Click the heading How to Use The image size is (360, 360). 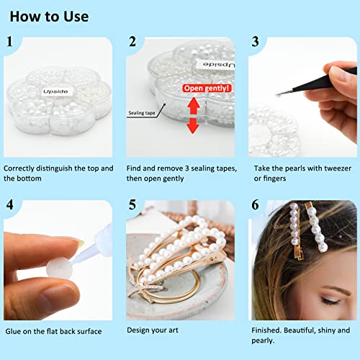[49, 17]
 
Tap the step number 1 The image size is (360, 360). [9, 42]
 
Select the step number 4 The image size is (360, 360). [10, 204]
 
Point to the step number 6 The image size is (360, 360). [255, 204]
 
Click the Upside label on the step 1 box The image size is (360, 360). [55, 91]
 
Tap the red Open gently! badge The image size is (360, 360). [207, 88]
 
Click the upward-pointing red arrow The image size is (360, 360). [194, 106]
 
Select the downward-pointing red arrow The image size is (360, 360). [193, 125]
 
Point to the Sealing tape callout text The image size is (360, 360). [142, 113]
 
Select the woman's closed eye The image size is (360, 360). [330, 301]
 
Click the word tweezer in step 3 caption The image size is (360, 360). [338, 168]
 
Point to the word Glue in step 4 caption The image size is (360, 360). [13, 331]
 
